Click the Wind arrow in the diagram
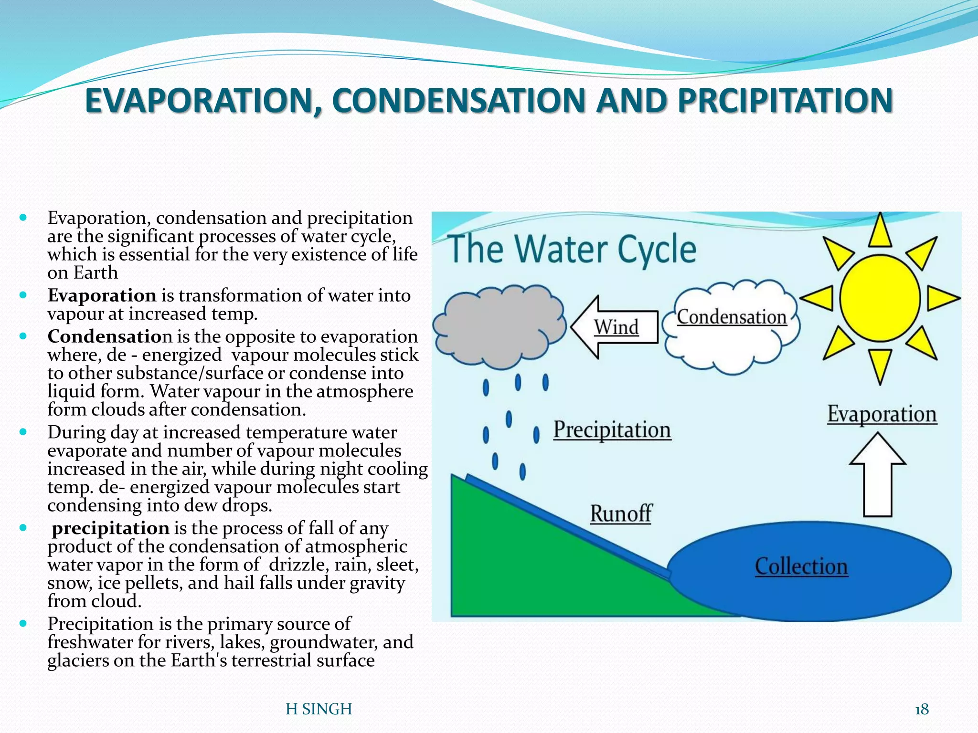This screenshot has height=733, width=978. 614,327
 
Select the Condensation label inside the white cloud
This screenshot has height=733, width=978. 732,317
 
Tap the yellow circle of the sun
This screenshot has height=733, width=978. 880,298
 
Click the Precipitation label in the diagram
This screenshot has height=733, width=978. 612,430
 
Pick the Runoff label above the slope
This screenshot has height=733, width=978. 621,514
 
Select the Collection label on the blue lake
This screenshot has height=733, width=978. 801,567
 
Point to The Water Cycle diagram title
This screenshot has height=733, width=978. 572,250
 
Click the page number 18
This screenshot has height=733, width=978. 922,710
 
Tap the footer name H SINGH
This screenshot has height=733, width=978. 319,709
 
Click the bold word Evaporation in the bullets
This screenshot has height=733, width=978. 102,295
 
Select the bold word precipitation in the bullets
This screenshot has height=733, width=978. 110,528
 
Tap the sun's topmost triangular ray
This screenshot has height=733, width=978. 880,230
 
